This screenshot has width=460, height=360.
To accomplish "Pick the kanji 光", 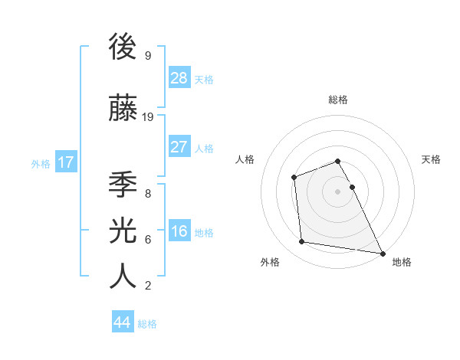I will click(123, 231).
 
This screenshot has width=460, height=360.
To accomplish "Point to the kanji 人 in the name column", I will click(123, 276).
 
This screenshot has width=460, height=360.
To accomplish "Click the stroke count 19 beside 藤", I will click(148, 117).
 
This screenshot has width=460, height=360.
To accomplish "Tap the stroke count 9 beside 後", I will click(147, 56).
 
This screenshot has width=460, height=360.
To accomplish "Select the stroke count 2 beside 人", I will click(147, 286).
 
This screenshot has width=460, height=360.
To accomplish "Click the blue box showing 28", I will click(179, 77).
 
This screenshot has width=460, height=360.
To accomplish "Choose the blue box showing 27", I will click(179, 146).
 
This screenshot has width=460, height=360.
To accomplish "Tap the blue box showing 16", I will click(179, 231).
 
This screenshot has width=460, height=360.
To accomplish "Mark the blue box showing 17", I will click(65, 162).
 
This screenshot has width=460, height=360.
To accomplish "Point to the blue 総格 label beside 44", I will click(147, 324).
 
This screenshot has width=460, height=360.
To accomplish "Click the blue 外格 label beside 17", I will click(41, 163).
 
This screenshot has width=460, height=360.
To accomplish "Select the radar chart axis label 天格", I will click(431, 159).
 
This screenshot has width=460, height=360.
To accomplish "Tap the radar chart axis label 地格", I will click(402, 262).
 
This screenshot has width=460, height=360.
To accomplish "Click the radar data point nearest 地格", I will click(382, 253).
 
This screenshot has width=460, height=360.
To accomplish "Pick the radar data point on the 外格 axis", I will click(302, 242).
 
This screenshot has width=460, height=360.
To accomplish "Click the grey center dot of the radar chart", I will click(337, 191).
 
